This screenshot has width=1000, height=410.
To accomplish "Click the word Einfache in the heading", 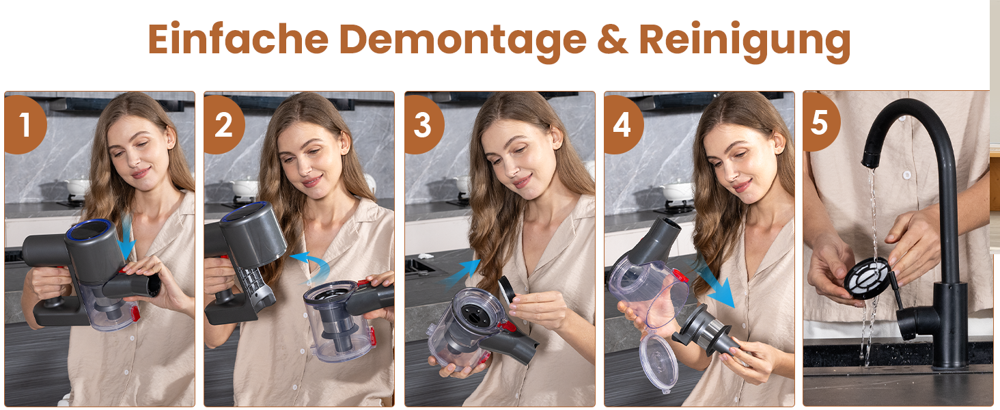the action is point(238,39).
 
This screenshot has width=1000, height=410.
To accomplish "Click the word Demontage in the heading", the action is point(462,41).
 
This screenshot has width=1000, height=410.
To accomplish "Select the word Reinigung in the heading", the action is point(745,42).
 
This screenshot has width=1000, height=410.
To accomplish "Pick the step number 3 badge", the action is point(423,124).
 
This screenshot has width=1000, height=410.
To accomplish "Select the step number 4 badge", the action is point(623,124).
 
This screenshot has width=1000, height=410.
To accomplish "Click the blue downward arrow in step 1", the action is point(127,239).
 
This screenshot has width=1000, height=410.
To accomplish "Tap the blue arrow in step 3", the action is point(461,273).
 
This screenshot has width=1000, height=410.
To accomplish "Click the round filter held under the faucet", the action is point(867,278).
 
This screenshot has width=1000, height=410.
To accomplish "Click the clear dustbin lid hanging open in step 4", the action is point(659,362).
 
